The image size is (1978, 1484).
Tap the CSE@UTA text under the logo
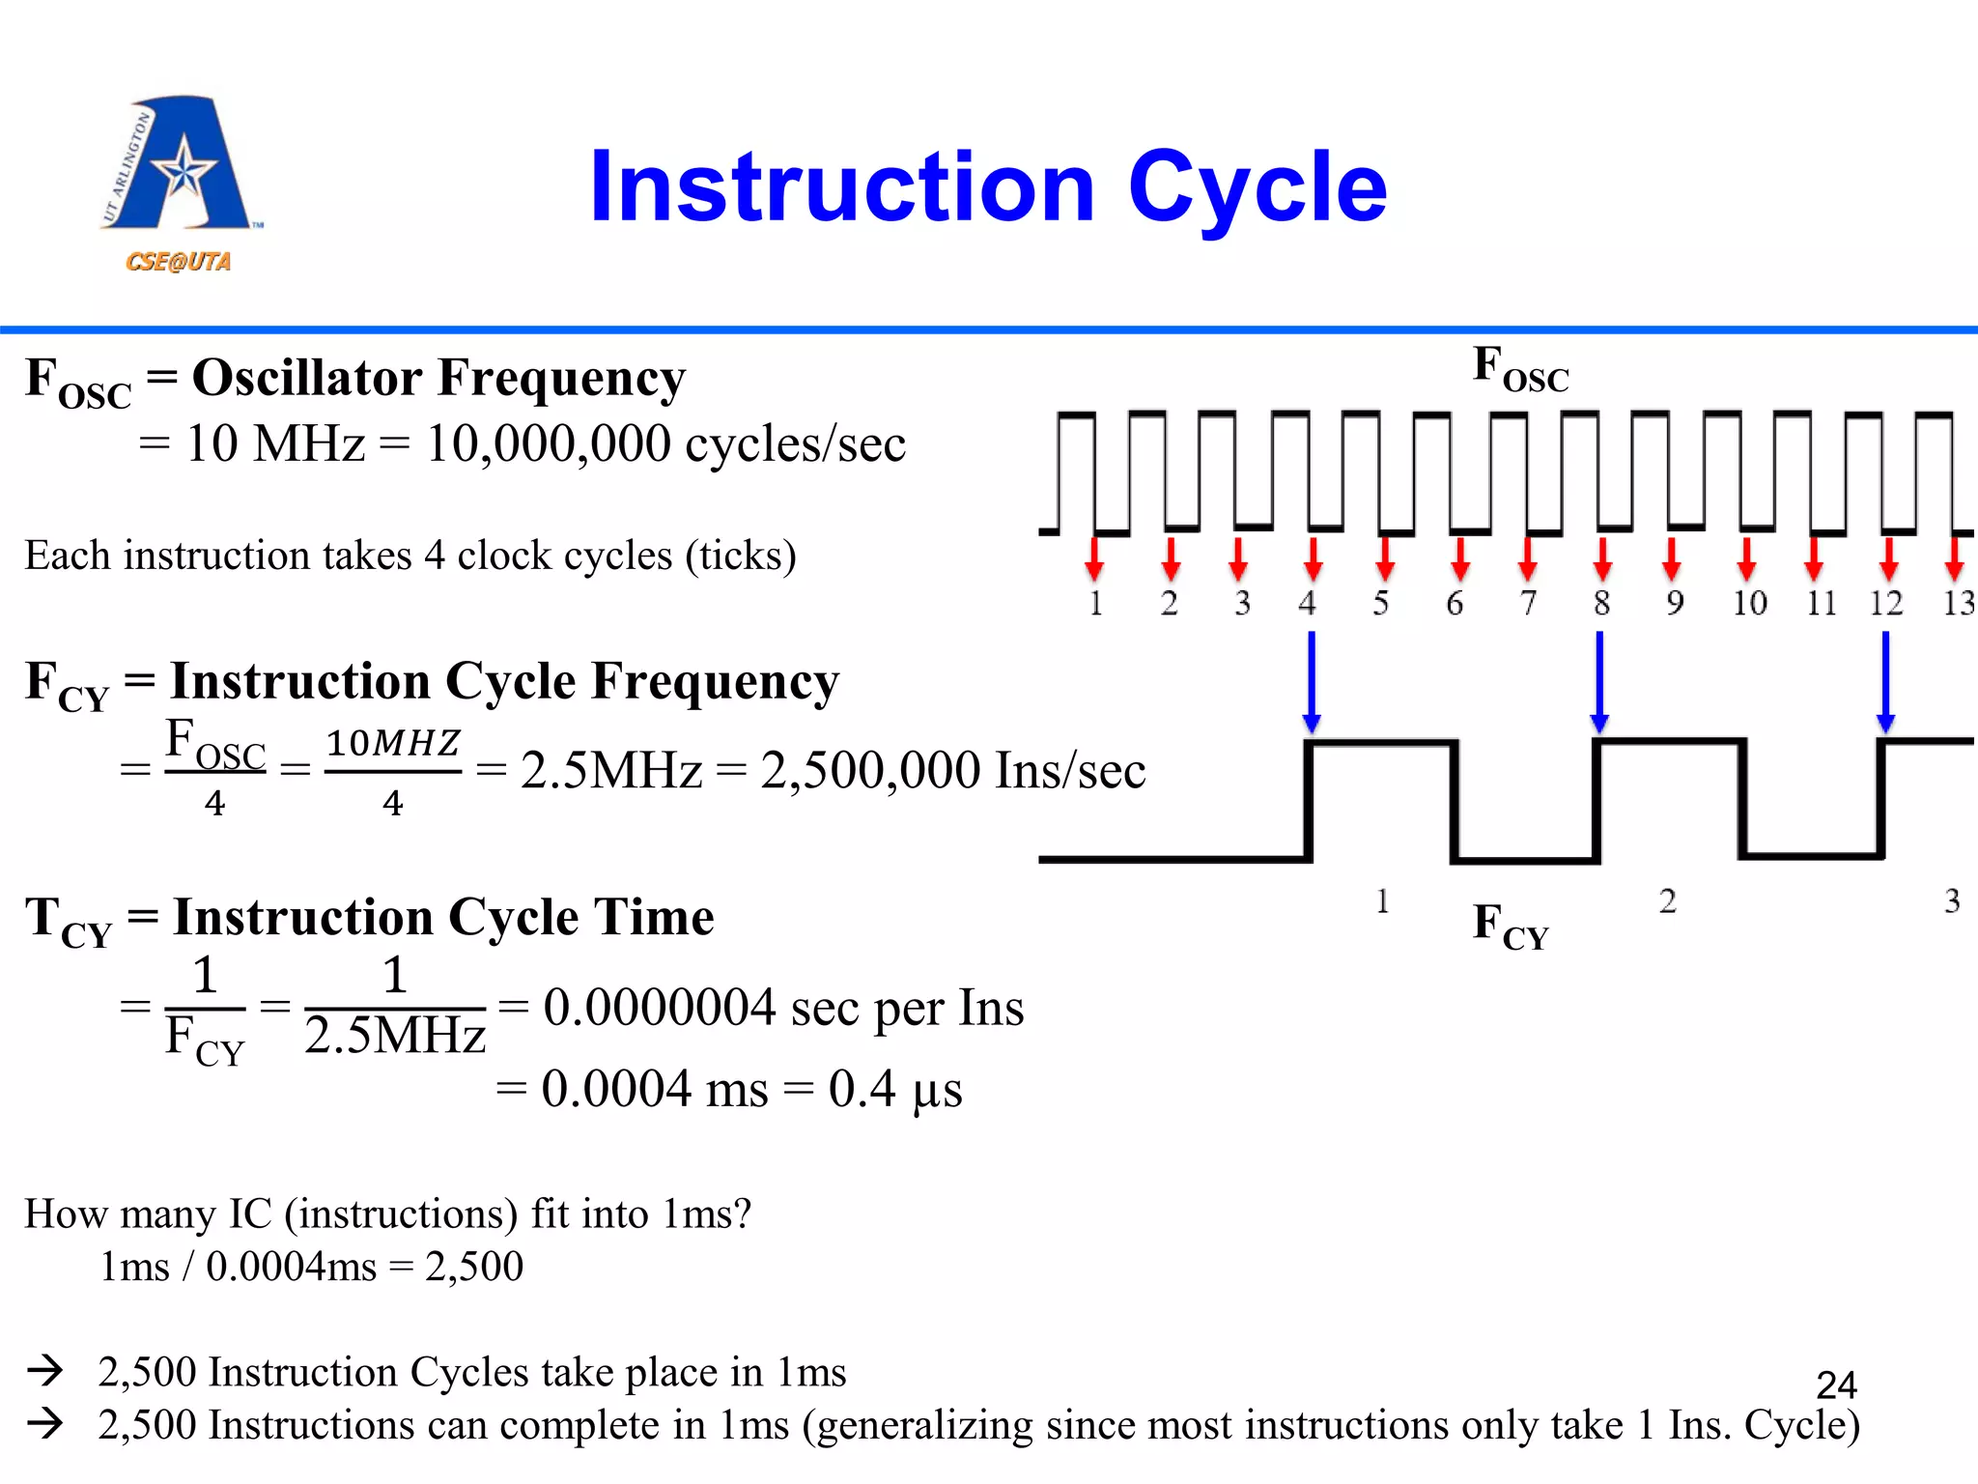(x=178, y=262)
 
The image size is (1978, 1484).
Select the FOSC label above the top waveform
(x=1520, y=371)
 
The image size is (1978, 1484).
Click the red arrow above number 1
(x=1093, y=557)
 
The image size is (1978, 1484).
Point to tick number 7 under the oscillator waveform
(x=1528, y=603)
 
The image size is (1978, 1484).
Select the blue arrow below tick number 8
(x=1599, y=680)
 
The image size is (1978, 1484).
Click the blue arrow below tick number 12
(x=1885, y=680)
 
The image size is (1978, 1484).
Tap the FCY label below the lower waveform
(x=1511, y=926)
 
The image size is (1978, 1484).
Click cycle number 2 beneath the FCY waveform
(x=1668, y=901)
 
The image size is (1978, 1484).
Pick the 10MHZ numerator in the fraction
(x=392, y=743)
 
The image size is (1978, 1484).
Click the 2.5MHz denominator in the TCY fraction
(x=394, y=1037)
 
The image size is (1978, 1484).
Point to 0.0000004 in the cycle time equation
(x=659, y=1008)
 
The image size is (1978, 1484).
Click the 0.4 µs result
(x=895, y=1090)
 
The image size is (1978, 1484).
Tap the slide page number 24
(x=1836, y=1385)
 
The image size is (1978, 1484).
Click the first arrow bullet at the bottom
(x=45, y=1370)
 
